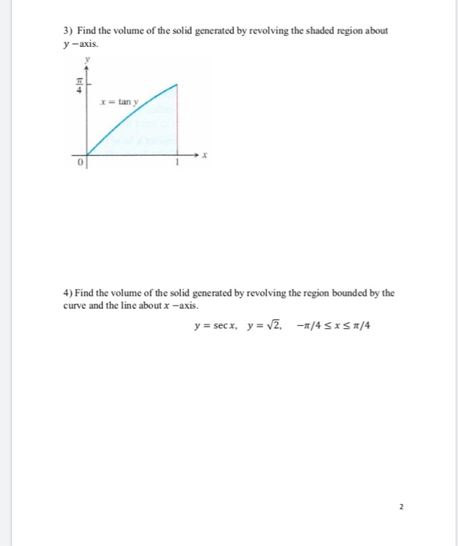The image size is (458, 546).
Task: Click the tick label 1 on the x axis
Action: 177,162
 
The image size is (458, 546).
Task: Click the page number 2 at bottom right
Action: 402,505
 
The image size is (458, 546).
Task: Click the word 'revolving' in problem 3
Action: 268,30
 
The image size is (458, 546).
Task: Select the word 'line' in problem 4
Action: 133,305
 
